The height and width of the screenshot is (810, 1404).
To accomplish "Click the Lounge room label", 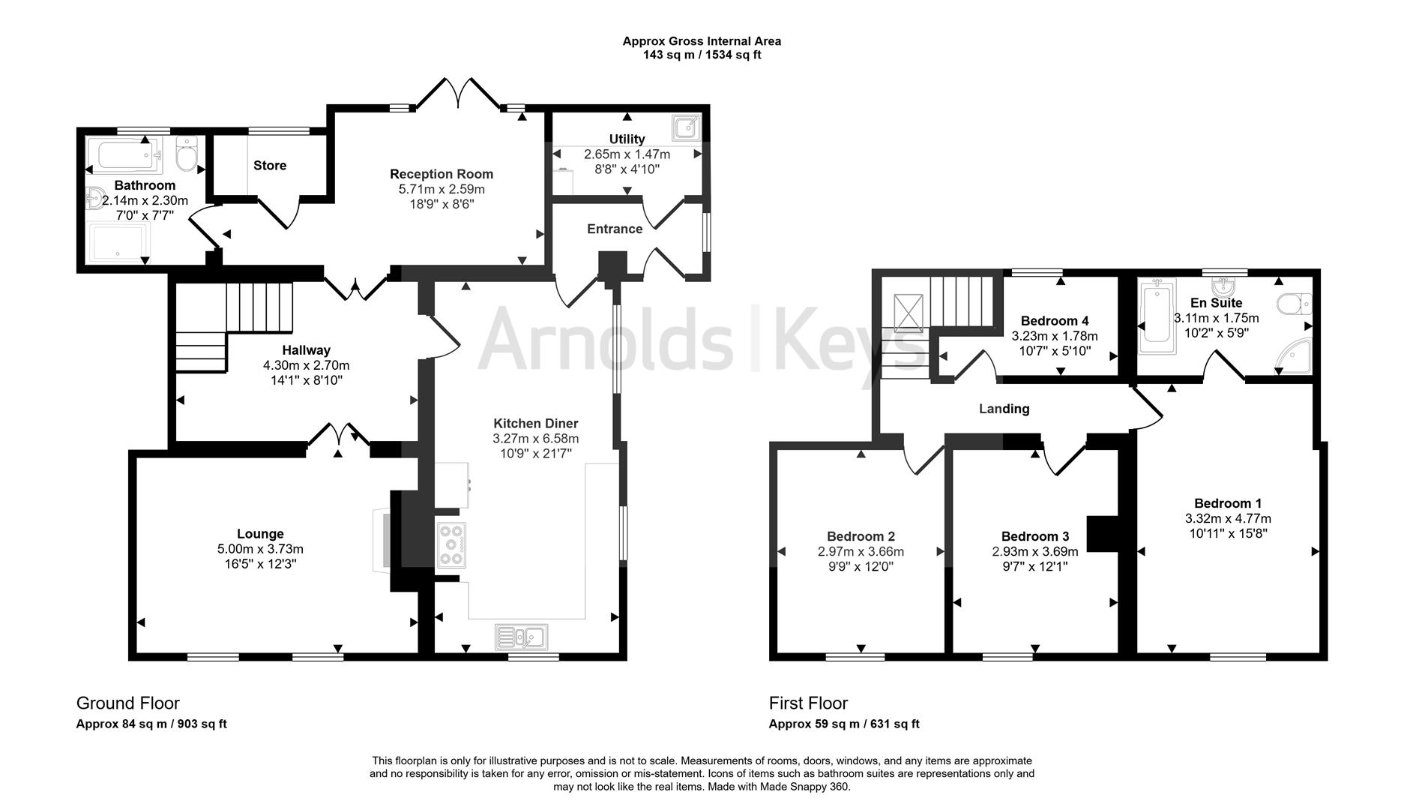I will pos(260,534).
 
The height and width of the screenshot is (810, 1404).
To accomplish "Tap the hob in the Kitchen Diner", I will pos(451,544).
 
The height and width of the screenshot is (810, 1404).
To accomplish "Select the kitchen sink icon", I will pos(521,637).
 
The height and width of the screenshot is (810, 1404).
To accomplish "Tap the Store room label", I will pos(270,166).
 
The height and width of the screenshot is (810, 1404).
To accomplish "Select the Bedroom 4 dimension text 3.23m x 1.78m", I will pos(1055,336).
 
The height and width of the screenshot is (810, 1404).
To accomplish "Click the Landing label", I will pos(1004,409).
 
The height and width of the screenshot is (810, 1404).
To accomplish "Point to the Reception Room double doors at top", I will pos(459,94).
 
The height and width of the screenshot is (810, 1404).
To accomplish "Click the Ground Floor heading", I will pos(128,703).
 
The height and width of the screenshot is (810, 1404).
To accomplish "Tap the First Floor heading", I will pos(808,703).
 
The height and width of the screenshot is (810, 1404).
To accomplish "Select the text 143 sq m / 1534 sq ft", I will pos(702,55).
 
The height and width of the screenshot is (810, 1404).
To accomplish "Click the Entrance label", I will pos(615,229).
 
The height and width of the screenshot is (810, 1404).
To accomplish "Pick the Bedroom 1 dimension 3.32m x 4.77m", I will pos(1228,518).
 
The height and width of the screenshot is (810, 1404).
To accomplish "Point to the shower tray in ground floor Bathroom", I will pos(119,242).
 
